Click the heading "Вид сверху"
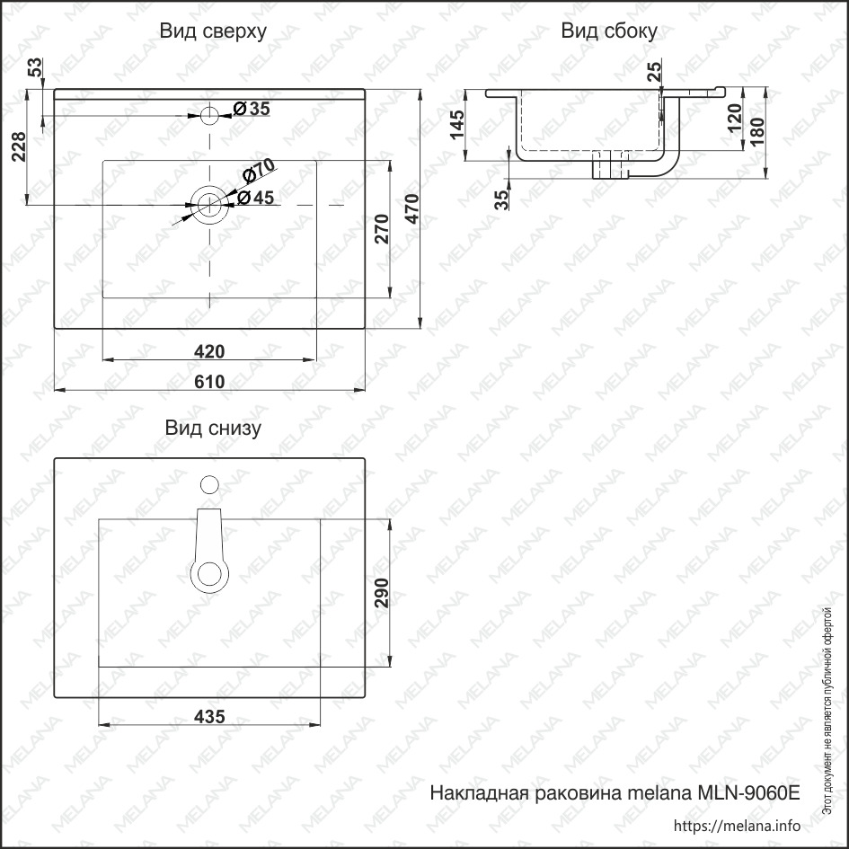pos(213,31)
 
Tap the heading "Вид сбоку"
pos(609,31)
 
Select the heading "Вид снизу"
pos(213,428)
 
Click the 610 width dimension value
pos(209,382)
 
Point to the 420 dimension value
pos(209,352)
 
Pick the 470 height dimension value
pos(412,208)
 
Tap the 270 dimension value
pos(382,229)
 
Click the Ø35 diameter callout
pos(252,109)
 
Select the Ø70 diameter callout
pos(259,170)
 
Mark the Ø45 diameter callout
pos(255,198)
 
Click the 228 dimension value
pos(18,146)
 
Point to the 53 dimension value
pos(35,67)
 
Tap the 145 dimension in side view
pos(457,125)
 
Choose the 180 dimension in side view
pos(757,131)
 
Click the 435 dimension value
pos(209,717)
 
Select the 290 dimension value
pos(382,593)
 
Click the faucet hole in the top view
pos(209,115)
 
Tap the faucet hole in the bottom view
pos(209,484)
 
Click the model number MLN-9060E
pos(748,792)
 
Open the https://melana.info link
pos(737,826)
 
